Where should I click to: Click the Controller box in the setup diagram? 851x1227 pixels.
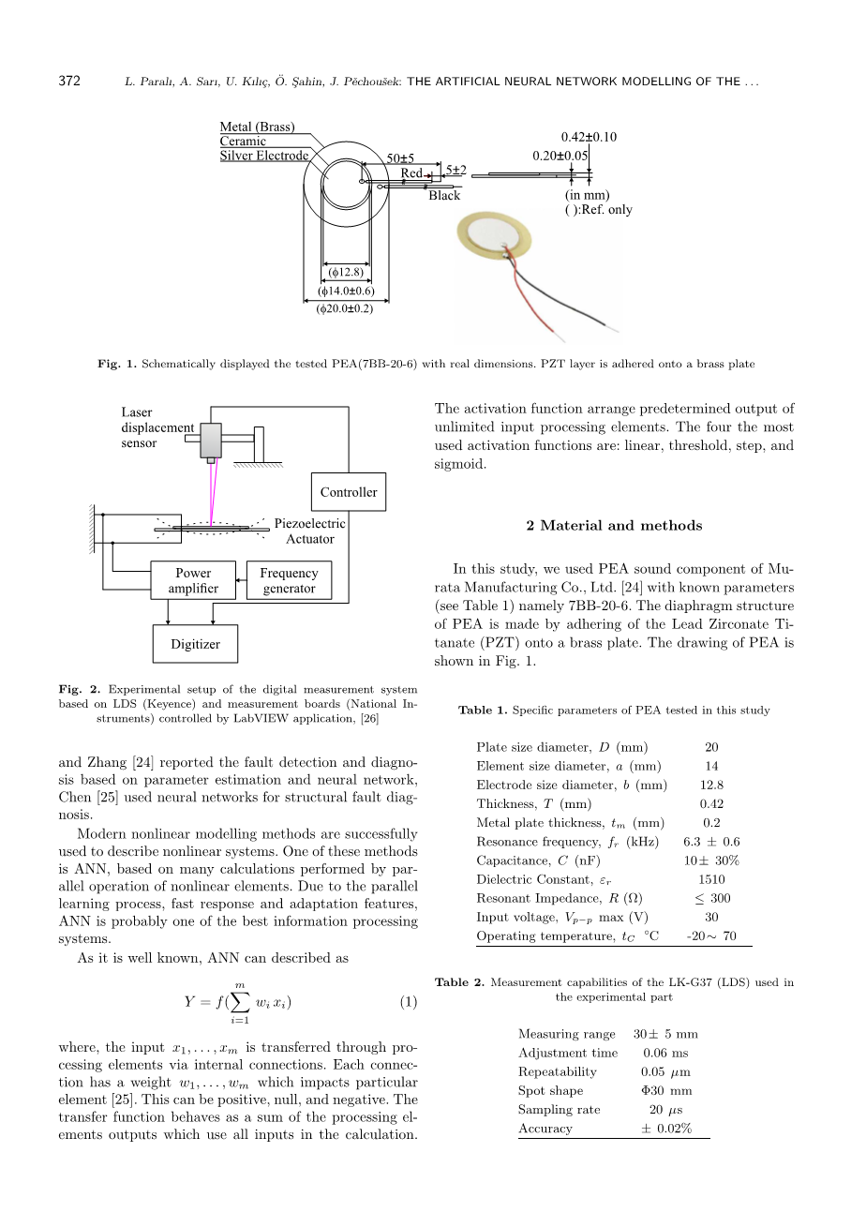point(348,492)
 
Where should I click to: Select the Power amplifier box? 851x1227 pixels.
point(193,580)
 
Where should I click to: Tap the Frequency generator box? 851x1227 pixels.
point(289,580)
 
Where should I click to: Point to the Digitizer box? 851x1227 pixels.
point(195,644)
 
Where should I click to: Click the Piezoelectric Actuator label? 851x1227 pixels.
point(309,531)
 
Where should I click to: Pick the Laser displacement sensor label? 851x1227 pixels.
point(157,427)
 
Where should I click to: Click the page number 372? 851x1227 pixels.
point(69,82)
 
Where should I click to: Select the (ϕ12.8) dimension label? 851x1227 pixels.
point(346,273)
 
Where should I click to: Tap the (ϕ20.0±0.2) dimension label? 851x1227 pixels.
point(345,308)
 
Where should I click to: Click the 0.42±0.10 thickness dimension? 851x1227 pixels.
point(588,137)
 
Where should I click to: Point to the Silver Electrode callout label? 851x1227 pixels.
point(263,156)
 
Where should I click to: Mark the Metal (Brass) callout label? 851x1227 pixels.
point(257,127)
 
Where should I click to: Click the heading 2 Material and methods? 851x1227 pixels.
point(614,526)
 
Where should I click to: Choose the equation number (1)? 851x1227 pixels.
point(408,1002)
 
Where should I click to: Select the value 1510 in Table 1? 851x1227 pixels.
point(711,879)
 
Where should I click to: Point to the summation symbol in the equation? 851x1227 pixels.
point(240,1001)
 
